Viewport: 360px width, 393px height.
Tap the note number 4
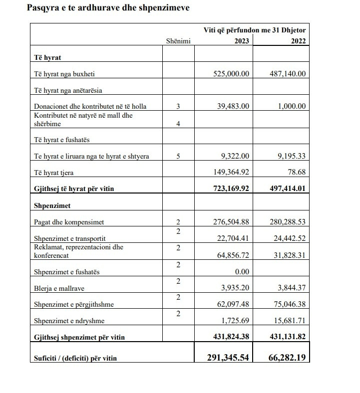click(x=178, y=124)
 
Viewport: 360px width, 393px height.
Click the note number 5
click(x=178, y=156)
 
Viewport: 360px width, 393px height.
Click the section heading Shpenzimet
click(x=52, y=205)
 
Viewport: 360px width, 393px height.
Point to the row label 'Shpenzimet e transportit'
click(x=69, y=238)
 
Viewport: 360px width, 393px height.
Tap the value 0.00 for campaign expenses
click(x=241, y=271)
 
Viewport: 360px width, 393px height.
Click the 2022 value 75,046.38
click(x=288, y=304)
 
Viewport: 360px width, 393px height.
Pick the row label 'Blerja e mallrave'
click(x=59, y=288)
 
